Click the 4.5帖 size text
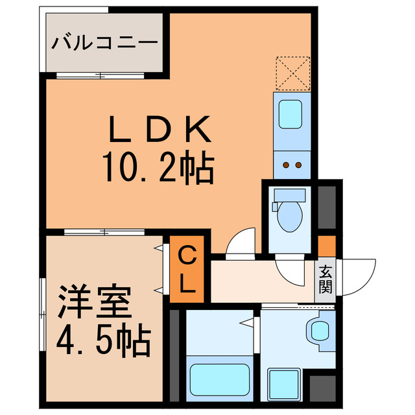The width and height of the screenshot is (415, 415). coord(104,338)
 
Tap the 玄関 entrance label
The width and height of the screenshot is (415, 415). coord(325,279)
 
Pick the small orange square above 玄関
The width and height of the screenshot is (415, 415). coord(326,246)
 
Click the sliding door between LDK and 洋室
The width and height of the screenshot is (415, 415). coord(104,232)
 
